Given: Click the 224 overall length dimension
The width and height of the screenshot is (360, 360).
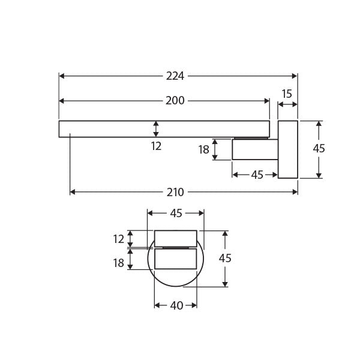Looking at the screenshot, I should (175, 76).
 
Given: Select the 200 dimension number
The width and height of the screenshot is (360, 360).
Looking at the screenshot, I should (175, 101).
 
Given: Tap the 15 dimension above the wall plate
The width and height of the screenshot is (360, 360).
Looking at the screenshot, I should (287, 94).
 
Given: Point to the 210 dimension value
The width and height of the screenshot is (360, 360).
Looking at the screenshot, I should (175, 192).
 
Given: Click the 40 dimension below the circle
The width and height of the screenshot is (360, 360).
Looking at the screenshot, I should (176, 305).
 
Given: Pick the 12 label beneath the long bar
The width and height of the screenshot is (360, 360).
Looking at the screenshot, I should (156, 146).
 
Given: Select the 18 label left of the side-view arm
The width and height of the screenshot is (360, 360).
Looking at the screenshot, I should (203, 149).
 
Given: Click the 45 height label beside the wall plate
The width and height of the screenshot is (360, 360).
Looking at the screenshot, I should (319, 149).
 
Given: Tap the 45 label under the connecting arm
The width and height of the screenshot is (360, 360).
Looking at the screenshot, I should (257, 175).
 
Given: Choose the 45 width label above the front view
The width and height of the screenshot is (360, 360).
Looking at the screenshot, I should (176, 213).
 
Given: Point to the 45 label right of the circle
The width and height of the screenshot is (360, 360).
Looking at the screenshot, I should (226, 259).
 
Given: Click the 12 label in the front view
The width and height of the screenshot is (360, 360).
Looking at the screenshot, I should (118, 239).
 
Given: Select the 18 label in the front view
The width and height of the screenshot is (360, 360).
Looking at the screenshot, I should (118, 262).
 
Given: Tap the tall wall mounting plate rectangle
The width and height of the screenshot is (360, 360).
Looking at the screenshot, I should (287, 149).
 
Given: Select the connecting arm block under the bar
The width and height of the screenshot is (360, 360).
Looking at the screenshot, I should (254, 149).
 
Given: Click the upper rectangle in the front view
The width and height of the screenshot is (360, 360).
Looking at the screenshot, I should (176, 238).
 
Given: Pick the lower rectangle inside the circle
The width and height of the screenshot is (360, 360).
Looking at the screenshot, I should (176, 259).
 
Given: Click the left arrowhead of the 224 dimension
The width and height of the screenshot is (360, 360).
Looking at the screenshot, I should (62, 76).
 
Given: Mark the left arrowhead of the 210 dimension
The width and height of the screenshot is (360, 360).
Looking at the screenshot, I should (73, 192).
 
